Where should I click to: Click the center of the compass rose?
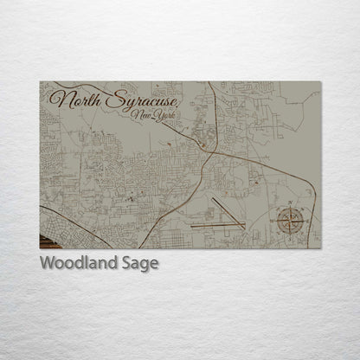tap(291, 222)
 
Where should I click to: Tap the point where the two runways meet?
tap(241, 224)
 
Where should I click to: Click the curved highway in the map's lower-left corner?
tap(61, 222)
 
